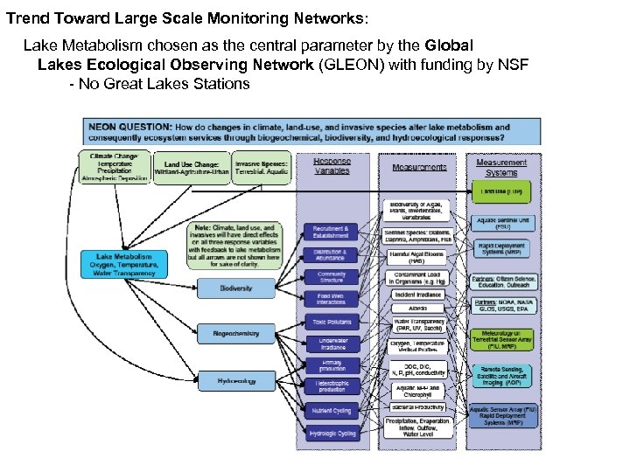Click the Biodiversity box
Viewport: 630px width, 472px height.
coord(237,287)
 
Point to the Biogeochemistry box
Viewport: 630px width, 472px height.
coord(237,334)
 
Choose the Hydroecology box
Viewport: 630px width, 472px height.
coord(237,381)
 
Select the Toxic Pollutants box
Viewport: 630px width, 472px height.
coord(332,322)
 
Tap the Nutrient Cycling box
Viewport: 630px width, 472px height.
coord(332,410)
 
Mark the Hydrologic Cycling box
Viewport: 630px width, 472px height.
coord(332,433)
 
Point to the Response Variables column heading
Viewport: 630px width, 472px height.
coord(332,166)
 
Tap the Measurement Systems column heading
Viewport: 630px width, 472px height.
coord(502,166)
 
